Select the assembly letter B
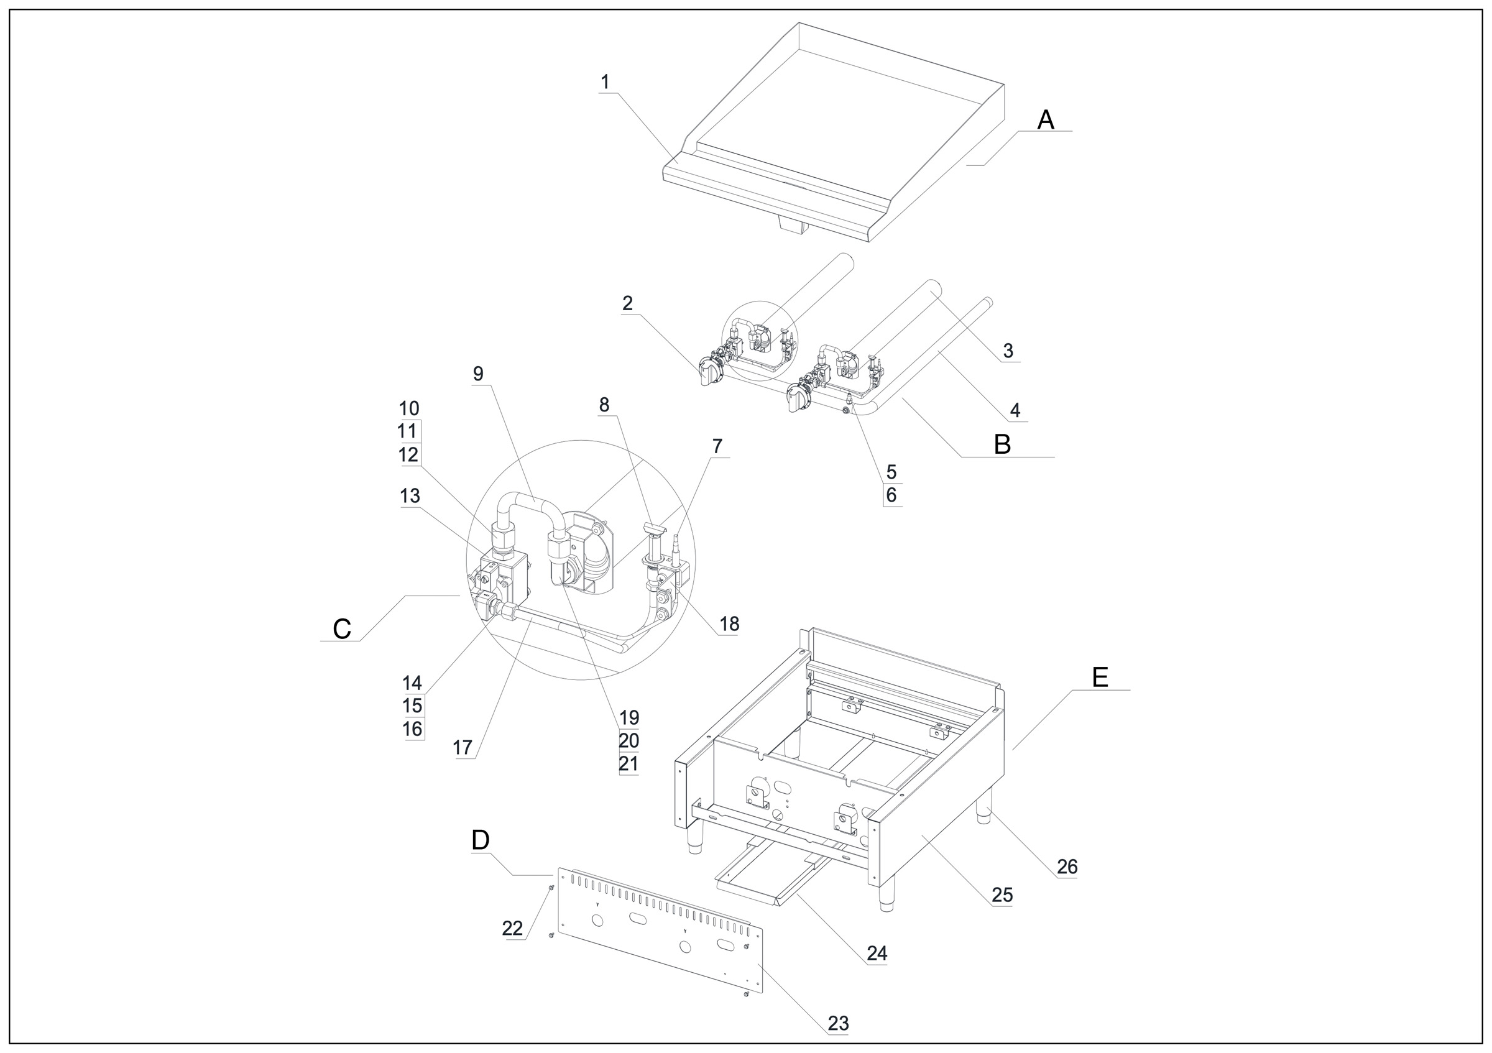pos(1002,445)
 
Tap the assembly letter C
pos(342,629)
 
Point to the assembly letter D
pos(480,840)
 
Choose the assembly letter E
pos(1100,678)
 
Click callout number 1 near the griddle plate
pos(605,83)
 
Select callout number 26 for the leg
pos(1067,867)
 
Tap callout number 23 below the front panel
pos(838,1023)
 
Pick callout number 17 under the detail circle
pos(462,748)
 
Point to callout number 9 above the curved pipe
pos(478,374)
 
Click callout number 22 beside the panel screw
pos(512,929)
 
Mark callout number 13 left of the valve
pos(410,496)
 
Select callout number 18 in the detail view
pos(729,624)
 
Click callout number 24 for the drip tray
pos(877,953)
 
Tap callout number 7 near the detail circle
pos(717,446)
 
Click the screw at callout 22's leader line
pos(551,888)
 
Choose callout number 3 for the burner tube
pos(1008,351)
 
